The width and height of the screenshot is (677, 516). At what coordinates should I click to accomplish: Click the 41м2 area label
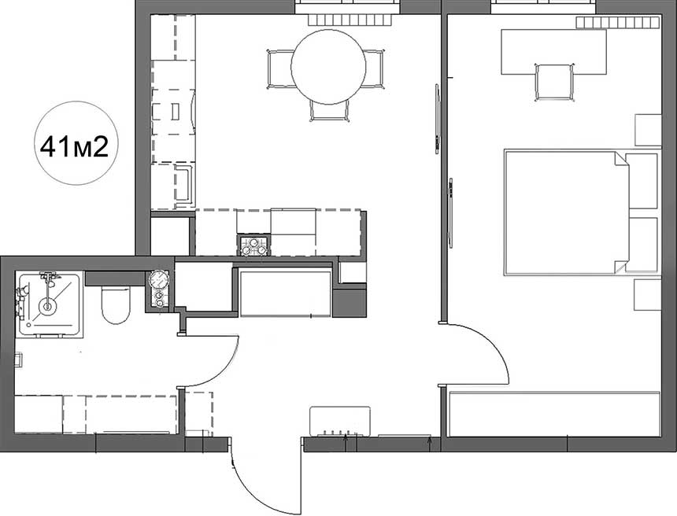coord(74,147)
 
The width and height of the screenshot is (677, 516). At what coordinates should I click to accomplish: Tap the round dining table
coord(328,66)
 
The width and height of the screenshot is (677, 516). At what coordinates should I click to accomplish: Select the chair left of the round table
coord(280,69)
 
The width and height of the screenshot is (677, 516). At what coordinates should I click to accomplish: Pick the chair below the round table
coord(329,110)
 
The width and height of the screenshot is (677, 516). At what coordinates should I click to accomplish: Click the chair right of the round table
coord(373,69)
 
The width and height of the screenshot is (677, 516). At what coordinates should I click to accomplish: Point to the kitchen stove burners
coord(253,245)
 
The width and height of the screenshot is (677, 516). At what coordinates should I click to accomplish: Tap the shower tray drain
coord(47,307)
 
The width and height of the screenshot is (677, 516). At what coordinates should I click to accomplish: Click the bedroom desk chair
coord(554,82)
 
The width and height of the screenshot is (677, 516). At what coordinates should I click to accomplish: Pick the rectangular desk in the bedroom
coord(553,52)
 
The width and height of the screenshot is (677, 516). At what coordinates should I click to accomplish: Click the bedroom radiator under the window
coord(618,23)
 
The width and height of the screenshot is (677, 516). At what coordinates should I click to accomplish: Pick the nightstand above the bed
coord(648,130)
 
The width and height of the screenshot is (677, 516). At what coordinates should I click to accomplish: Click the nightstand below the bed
coord(648,295)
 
